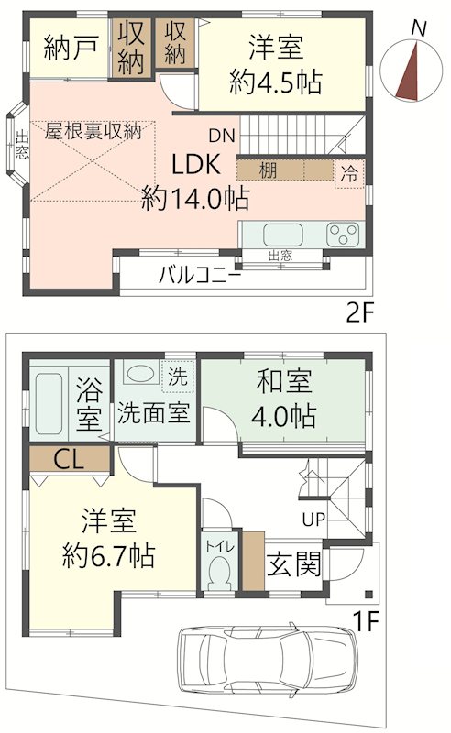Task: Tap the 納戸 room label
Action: [x=71, y=48]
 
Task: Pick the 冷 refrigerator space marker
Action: [x=349, y=170]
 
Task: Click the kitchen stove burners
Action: [x=345, y=234]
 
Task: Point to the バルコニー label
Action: [x=200, y=273]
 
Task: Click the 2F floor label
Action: [x=361, y=313]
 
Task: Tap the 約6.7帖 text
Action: [x=109, y=555]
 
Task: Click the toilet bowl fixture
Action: [x=218, y=572]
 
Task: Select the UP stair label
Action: [x=314, y=520]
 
